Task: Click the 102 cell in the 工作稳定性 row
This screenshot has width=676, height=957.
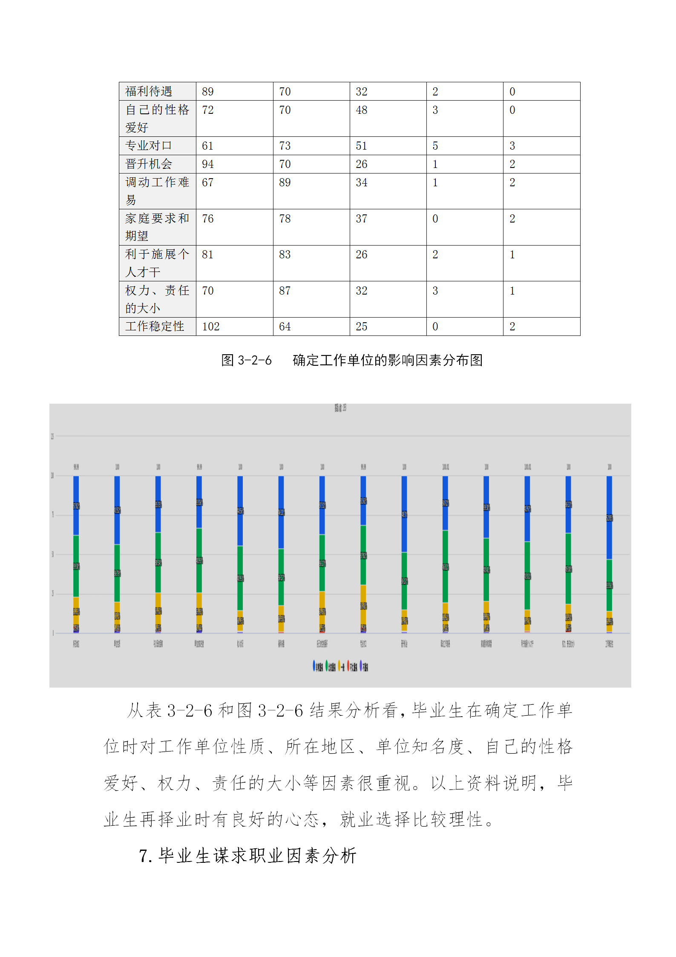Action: coord(210,327)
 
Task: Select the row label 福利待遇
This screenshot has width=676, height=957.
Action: coord(149,91)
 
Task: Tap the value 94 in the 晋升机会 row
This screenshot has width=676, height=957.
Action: coord(207,164)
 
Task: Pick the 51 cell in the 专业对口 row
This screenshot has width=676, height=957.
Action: coord(361,146)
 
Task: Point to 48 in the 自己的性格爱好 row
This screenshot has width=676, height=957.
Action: coord(361,110)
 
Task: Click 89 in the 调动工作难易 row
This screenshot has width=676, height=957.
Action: coord(285,182)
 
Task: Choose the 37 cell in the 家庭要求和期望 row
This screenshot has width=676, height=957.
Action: coord(361,219)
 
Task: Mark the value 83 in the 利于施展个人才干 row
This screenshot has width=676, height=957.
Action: coord(285,254)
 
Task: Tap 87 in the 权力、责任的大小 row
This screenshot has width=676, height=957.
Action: coord(285,291)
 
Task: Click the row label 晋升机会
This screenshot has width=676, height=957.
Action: coord(149,164)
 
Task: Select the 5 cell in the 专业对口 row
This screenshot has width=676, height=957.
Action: coord(435,146)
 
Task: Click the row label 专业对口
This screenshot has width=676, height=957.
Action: coord(149,146)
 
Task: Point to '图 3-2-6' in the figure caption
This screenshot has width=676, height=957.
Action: coord(246,360)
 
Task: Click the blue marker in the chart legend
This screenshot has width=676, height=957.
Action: coord(314,666)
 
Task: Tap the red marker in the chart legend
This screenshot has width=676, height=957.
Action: coord(348,666)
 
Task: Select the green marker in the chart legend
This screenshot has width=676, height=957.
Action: coord(327,666)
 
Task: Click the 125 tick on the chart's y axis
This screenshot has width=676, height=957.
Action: coord(52,436)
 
